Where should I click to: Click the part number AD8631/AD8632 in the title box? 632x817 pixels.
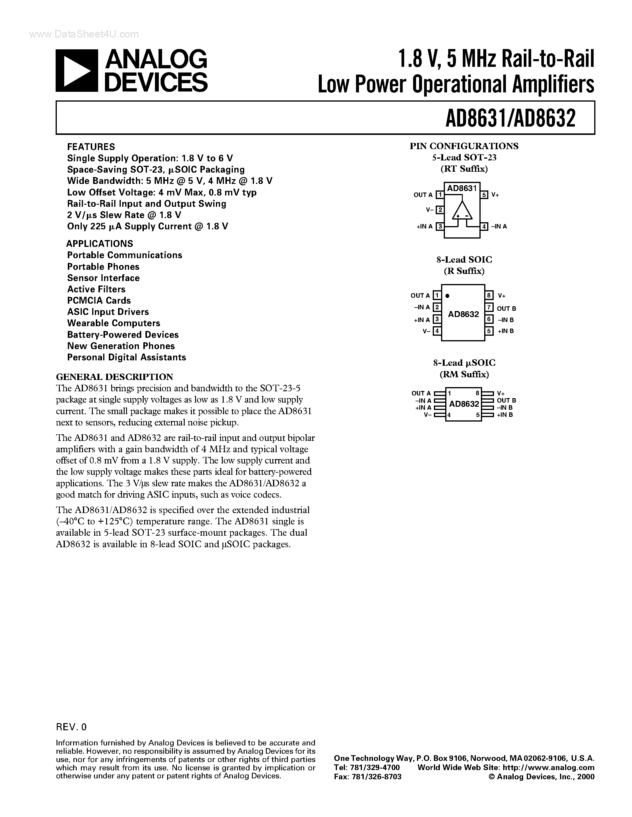(510, 118)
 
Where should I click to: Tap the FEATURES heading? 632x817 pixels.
(91, 147)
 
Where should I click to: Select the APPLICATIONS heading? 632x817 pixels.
(100, 244)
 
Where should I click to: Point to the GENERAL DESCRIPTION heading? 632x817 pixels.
(114, 377)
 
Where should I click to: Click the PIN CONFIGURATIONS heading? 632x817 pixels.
(464, 146)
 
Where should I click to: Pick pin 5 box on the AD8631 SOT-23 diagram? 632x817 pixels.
(484, 195)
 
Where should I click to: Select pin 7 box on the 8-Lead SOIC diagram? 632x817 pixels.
(489, 307)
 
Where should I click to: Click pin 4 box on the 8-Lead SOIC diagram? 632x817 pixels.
(437, 331)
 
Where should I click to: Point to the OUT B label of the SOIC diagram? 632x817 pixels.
(506, 309)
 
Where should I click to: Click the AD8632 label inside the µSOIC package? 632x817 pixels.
(464, 404)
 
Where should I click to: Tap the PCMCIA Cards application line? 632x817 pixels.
(99, 300)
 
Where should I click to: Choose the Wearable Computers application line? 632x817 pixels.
(113, 323)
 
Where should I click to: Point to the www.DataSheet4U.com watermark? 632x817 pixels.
(84, 34)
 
